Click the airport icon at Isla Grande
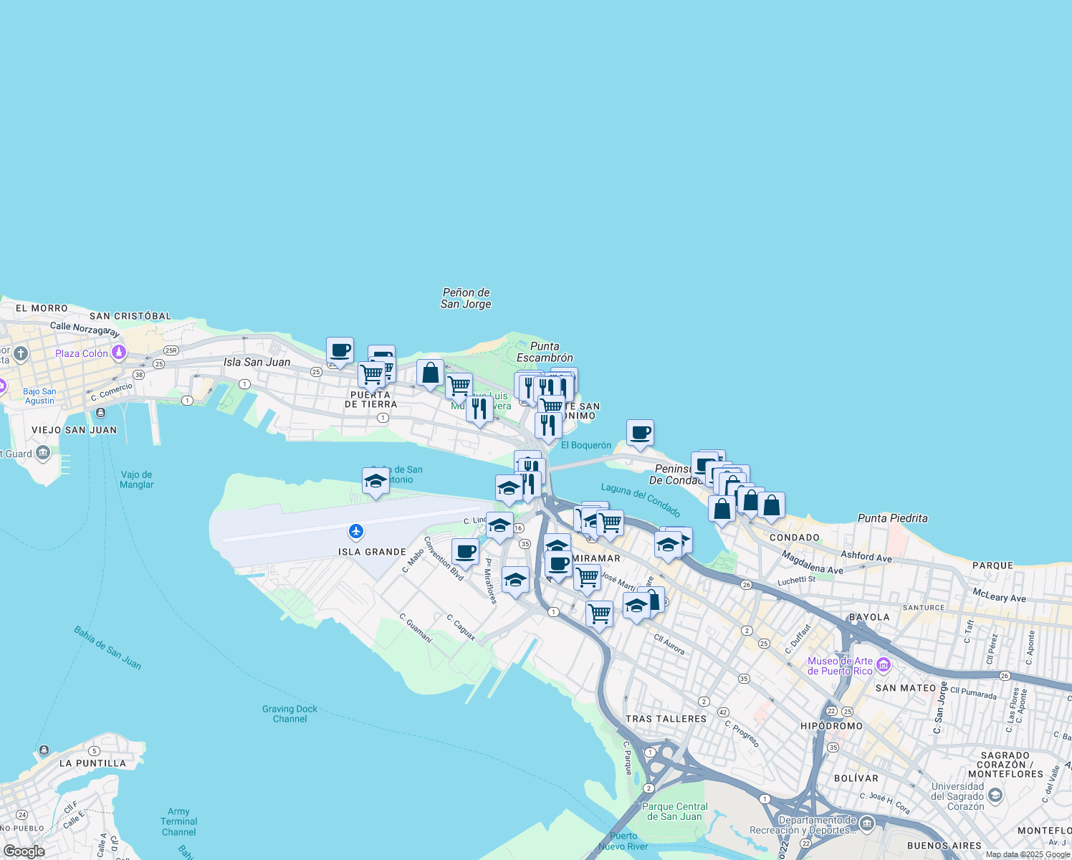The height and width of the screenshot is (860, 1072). [356, 532]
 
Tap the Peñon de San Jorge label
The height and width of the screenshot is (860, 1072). [466, 298]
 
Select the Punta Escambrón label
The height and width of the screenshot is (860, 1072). [545, 352]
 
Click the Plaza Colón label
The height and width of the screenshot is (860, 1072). [82, 353]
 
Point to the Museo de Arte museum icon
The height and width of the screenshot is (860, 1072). [883, 665]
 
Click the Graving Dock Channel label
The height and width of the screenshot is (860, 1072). [289, 714]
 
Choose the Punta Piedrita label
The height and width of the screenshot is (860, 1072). [892, 518]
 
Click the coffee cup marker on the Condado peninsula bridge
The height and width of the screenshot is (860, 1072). [640, 433]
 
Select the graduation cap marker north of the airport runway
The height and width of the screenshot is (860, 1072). [375, 482]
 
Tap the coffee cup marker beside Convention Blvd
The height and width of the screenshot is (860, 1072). [465, 552]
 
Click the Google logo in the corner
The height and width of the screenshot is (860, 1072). [24, 851]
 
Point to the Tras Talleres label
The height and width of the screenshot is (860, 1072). [666, 719]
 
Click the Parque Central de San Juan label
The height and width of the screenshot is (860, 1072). [675, 811]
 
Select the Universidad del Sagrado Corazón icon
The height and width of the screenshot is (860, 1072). [995, 795]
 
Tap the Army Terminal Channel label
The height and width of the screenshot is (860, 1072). [178, 822]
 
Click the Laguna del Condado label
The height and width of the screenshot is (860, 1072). [641, 500]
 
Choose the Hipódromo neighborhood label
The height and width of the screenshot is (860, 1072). [831, 726]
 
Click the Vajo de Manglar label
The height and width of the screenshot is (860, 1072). [136, 479]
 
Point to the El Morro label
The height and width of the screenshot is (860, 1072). [42, 308]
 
